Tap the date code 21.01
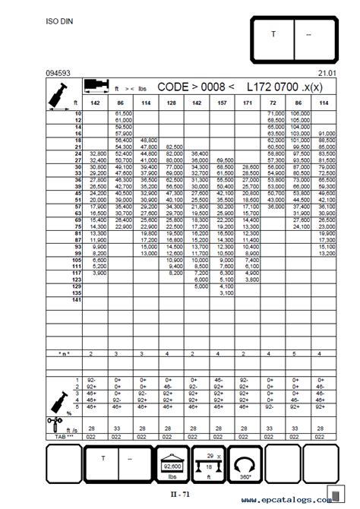(328, 73)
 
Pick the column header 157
(222, 101)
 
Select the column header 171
(248, 101)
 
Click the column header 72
(275, 101)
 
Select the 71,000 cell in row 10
(275, 113)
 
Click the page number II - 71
(179, 493)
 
